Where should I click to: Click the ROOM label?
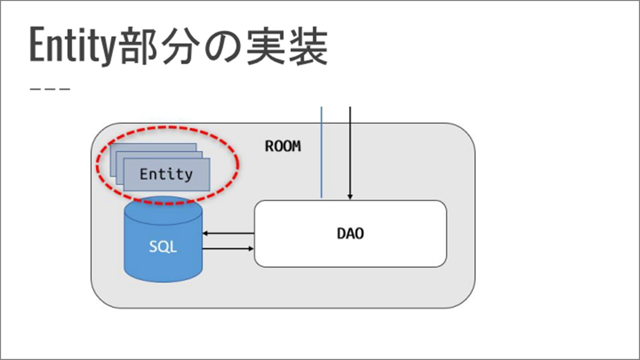tap(283, 146)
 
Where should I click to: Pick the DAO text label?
tap(350, 233)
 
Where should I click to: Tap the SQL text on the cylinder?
tap(163, 246)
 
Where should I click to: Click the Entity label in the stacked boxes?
tap(166, 174)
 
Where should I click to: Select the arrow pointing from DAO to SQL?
tap(228, 233)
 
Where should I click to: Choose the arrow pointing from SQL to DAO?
tap(228, 248)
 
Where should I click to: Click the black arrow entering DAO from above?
tap(350, 151)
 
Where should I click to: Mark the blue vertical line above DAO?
tap(321, 151)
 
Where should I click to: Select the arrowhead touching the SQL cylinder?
tap(205, 233)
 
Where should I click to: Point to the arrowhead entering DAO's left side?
tap(251, 248)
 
